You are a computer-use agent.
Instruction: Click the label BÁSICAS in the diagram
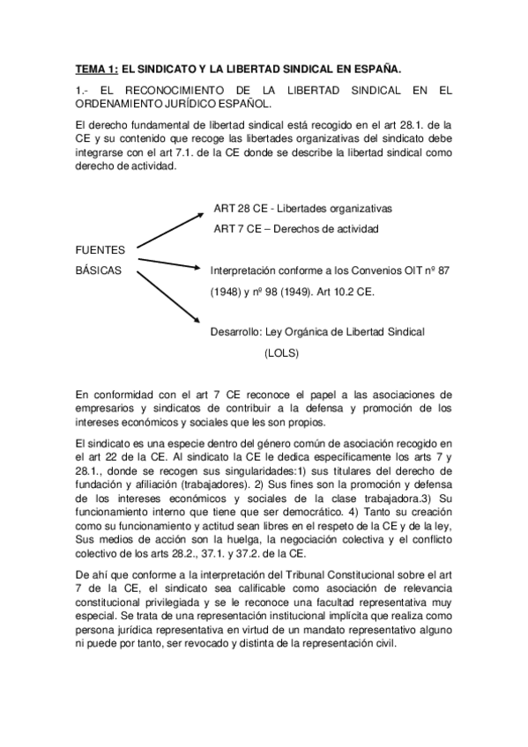(x=99, y=270)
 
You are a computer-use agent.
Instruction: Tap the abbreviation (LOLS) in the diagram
(x=281, y=352)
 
